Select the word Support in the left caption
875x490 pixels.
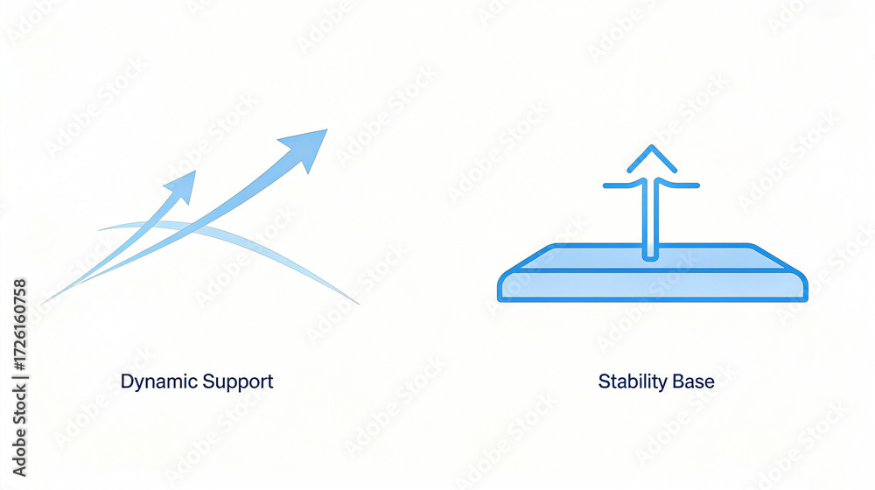point(237,382)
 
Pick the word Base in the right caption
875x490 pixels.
point(694,382)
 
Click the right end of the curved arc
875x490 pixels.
point(356,303)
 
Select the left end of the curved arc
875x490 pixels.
point(101,229)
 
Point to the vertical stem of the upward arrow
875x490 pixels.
point(648,219)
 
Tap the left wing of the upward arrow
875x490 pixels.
point(617,185)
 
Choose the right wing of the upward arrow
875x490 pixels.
point(684,185)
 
